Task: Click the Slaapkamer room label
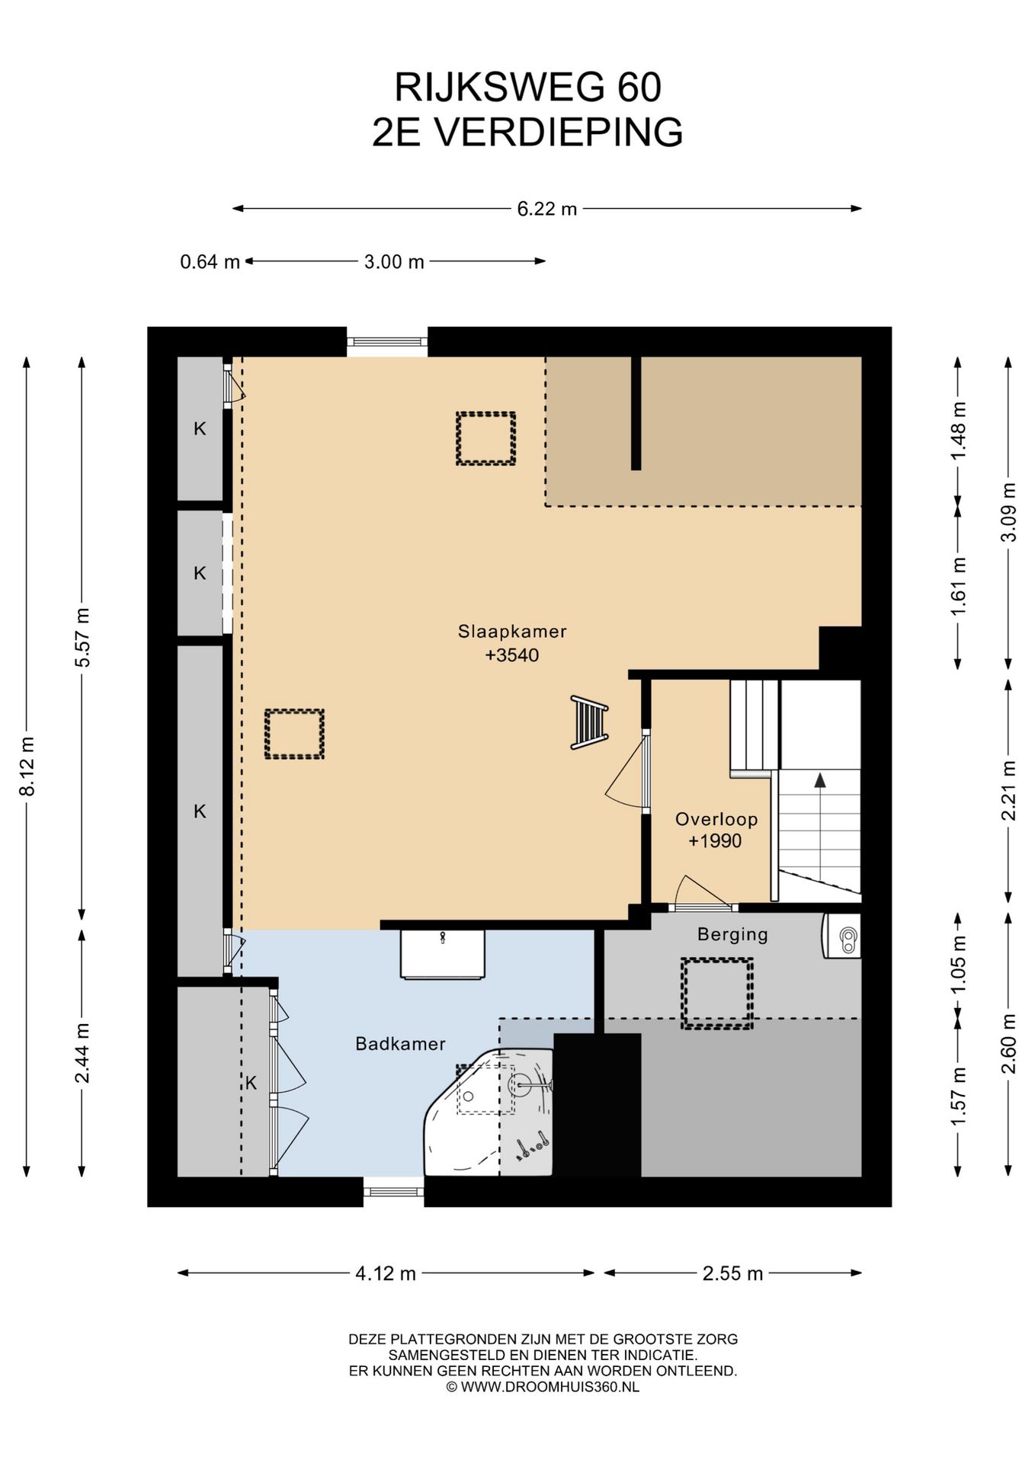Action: point(512,632)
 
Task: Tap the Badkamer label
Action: point(400,1044)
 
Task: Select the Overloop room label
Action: point(716,819)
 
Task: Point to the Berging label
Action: point(732,934)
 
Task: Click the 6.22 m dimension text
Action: point(546,209)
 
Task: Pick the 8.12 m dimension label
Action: point(27,767)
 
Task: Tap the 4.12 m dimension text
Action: point(386,1273)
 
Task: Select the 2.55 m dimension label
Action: point(732,1273)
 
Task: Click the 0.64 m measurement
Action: point(210,262)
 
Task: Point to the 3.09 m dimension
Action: point(1008,512)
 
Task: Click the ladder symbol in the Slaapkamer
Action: point(589,722)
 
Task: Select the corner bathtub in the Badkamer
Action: point(488,1112)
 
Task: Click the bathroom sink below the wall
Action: point(442,954)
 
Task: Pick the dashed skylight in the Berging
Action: point(716,994)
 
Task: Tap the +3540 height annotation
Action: point(512,655)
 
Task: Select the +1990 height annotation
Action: point(715,841)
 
